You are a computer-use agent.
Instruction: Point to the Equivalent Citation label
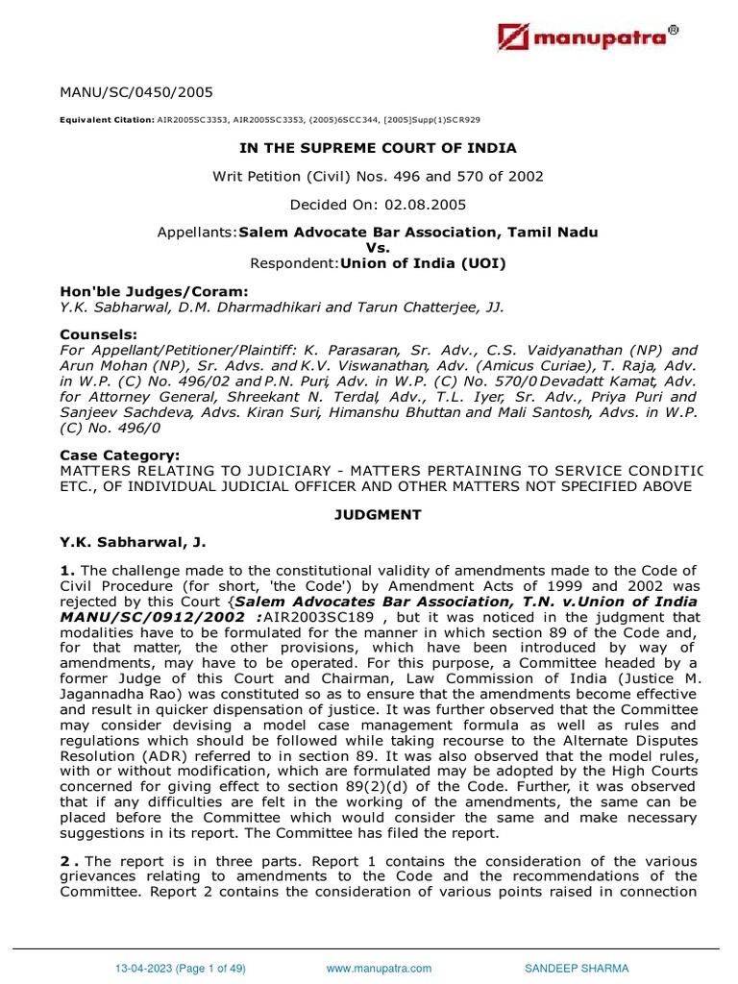106,120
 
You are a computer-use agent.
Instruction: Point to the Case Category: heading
119,455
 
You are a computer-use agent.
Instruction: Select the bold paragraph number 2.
67,860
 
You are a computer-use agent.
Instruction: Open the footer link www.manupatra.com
379,969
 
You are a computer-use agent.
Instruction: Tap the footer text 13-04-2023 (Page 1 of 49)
182,969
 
